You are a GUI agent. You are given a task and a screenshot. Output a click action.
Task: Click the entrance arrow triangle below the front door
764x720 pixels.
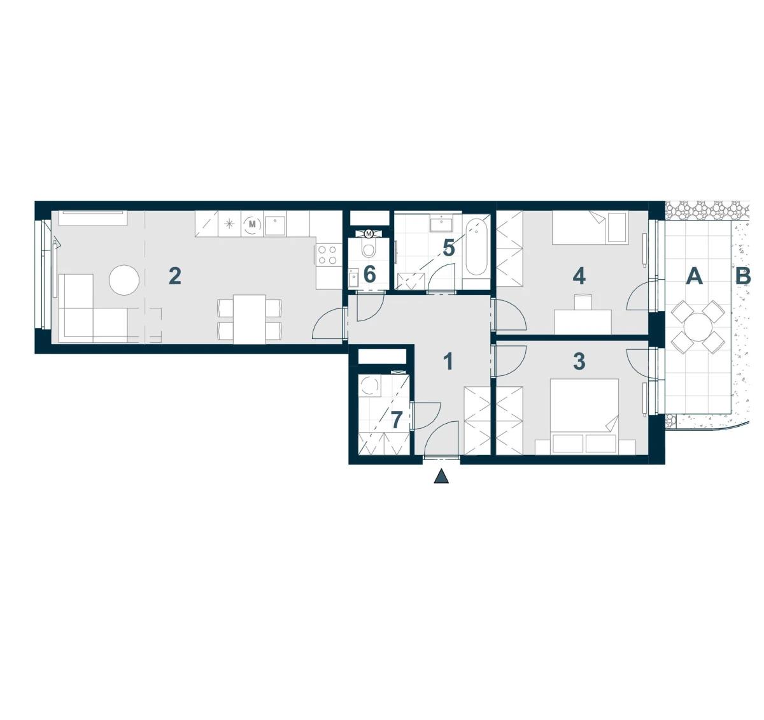[441, 477]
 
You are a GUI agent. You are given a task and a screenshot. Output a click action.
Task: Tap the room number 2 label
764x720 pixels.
[175, 276]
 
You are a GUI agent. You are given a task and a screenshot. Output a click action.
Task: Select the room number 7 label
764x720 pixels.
[397, 420]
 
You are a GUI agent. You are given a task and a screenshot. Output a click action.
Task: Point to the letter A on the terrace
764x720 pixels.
[695, 276]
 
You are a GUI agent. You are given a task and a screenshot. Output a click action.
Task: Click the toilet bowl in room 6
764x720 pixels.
[369, 250]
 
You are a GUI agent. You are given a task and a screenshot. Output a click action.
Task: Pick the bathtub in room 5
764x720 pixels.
[476, 247]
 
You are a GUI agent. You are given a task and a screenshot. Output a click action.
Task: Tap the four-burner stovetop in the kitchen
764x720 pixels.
[327, 256]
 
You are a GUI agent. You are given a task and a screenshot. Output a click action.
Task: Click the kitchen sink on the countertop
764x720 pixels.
[276, 226]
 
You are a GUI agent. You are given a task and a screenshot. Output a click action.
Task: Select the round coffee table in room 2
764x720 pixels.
[124, 280]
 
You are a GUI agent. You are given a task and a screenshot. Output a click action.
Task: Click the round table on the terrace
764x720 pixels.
[698, 327]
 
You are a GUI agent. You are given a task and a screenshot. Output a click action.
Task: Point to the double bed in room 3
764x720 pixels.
[584, 417]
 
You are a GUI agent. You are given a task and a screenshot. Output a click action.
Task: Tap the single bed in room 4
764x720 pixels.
[590, 227]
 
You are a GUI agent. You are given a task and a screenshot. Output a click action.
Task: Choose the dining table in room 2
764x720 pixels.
[250, 319]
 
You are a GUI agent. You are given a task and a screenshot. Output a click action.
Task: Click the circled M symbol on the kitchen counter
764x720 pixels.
[252, 224]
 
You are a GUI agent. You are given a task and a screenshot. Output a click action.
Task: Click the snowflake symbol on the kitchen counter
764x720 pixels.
[229, 224]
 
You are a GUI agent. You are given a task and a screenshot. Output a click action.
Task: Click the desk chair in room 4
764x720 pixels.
[583, 302]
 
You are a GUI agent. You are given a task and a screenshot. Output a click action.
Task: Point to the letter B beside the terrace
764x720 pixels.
[743, 276]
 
